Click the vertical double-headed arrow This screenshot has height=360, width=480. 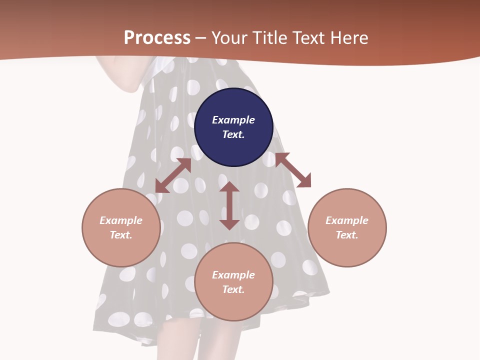pyautogui.click(x=229, y=205)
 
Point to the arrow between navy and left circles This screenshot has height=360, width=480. pyautogui.click(x=173, y=175)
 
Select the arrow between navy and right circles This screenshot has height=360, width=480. pyautogui.click(x=293, y=170)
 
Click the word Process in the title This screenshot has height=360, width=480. pyautogui.click(x=157, y=37)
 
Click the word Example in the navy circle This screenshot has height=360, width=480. pyautogui.click(x=233, y=120)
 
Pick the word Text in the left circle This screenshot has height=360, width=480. pyautogui.click(x=121, y=235)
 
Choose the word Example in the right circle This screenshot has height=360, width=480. pyautogui.click(x=347, y=220)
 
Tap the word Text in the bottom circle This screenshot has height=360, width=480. pyautogui.click(x=233, y=289)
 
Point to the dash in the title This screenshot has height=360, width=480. pyautogui.click(x=201, y=37)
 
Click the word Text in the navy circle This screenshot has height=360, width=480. pyautogui.click(x=233, y=134)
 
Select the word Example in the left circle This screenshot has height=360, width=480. pyautogui.click(x=121, y=220)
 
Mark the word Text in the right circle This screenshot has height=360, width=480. pyautogui.click(x=347, y=235)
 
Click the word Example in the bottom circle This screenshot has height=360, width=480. pyautogui.click(x=233, y=275)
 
